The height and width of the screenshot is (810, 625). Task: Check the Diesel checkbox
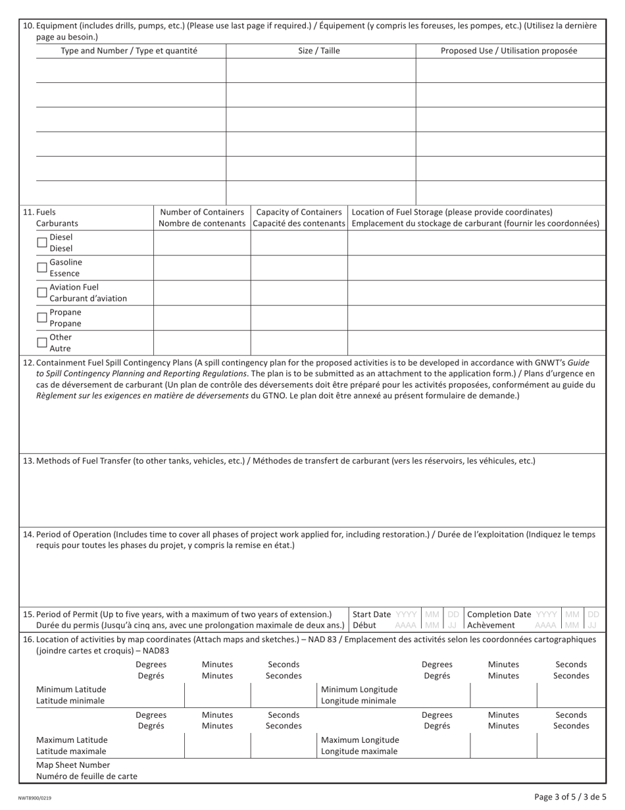[42, 242]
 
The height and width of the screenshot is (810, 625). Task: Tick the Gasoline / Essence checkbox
[42, 267]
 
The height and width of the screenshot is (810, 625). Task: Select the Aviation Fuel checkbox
[42, 292]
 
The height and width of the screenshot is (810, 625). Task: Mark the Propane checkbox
[42, 317]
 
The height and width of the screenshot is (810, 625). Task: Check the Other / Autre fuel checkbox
[42, 342]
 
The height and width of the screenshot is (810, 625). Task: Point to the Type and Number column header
[129, 51]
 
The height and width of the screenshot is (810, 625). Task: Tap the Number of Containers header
[202, 218]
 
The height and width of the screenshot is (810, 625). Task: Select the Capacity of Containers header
[299, 218]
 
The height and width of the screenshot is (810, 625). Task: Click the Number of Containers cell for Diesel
[202, 243]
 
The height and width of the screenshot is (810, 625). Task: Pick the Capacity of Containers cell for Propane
[299, 318]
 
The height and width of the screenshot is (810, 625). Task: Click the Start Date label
[372, 614]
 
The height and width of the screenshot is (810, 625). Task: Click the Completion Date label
[499, 614]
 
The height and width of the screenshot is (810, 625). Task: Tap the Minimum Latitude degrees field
[151, 695]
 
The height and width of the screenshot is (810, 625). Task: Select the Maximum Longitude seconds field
[570, 745]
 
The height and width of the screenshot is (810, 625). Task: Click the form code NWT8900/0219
[34, 797]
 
